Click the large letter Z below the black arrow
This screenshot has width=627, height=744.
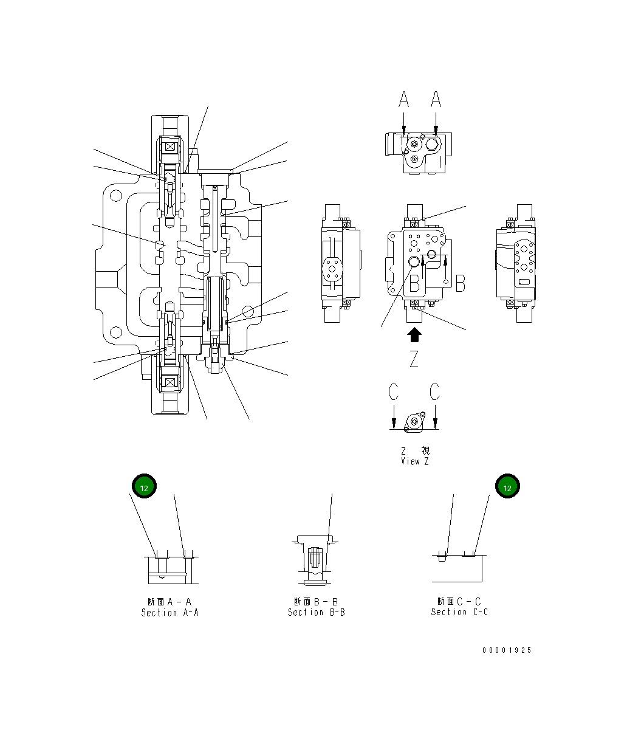pos(414,359)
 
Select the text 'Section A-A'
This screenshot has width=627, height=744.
pos(170,612)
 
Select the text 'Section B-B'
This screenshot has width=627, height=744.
pos(316,612)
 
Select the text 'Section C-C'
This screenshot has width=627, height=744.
pos(459,611)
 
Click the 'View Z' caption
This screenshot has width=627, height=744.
pos(414,461)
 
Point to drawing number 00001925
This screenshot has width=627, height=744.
pos(507,650)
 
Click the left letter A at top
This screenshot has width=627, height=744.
pos(405,99)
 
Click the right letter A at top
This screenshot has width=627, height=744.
pos(436,99)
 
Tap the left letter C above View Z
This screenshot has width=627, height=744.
pos(394,392)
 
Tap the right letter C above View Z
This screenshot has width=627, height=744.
pos(435,392)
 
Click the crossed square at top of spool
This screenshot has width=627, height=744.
pos(170,146)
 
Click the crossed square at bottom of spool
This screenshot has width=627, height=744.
pos(170,382)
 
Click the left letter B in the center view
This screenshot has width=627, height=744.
pos(415,283)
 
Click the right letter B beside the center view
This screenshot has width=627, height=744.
pos(461,283)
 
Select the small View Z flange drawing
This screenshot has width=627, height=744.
pos(414,422)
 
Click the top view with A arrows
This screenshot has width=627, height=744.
pos(417,153)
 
